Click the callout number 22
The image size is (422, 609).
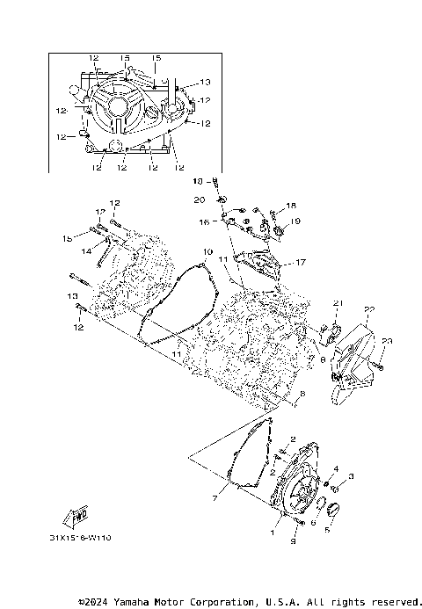pyautogui.click(x=370, y=308)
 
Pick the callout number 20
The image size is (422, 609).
pyautogui.click(x=200, y=199)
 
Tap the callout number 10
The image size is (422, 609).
pyautogui.click(x=207, y=251)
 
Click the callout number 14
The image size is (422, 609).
pyautogui.click(x=87, y=251)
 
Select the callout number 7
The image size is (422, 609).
pyautogui.click(x=214, y=497)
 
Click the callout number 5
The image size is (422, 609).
pyautogui.click(x=328, y=530)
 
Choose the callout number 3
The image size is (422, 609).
pyautogui.click(x=350, y=475)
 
